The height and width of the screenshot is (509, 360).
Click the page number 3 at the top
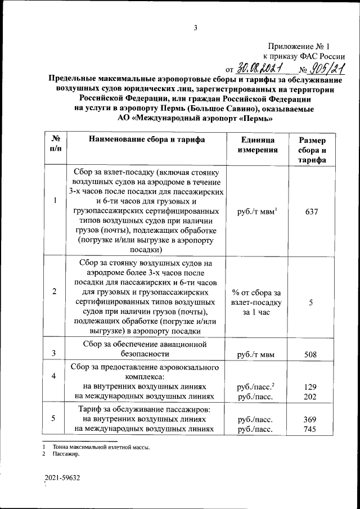tap(195, 28)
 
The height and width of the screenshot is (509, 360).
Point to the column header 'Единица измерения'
tap(257, 145)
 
